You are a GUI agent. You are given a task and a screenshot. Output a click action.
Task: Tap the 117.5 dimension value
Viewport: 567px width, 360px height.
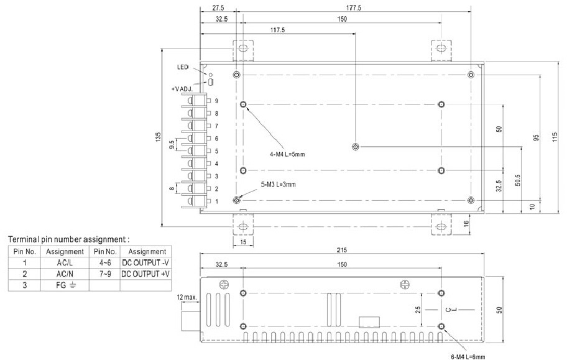point(277,29)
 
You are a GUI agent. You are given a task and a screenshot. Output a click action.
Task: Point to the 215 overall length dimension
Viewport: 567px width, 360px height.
point(342,250)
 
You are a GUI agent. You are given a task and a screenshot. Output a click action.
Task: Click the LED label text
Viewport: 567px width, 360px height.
point(183,67)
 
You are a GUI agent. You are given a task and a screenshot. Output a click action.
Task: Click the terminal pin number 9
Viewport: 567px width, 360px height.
point(216,101)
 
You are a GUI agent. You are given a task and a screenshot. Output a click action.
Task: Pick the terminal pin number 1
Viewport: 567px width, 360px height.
point(216,201)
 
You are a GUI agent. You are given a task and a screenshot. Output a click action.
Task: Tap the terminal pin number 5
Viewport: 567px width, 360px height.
point(216,151)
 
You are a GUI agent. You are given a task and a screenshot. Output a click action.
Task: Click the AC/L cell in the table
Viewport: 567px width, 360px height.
point(65,262)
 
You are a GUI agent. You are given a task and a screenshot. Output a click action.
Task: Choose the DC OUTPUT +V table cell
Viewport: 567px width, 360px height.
point(146,274)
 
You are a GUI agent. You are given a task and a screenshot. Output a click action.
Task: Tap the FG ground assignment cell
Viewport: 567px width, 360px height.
point(65,285)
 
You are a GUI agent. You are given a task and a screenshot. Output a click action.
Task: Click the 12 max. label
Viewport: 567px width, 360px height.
point(187,297)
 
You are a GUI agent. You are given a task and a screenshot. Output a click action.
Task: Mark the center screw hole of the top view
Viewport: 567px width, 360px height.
point(355,147)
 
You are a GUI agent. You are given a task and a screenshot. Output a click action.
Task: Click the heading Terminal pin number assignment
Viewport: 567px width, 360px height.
point(68,239)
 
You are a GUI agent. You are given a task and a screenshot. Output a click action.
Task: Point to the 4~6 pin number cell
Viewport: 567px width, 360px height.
point(104,262)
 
